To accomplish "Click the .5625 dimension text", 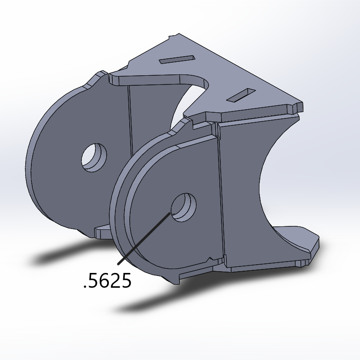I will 107,282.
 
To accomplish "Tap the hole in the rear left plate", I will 94,157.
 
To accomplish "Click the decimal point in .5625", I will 85,287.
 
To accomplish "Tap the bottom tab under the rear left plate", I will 102,232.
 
